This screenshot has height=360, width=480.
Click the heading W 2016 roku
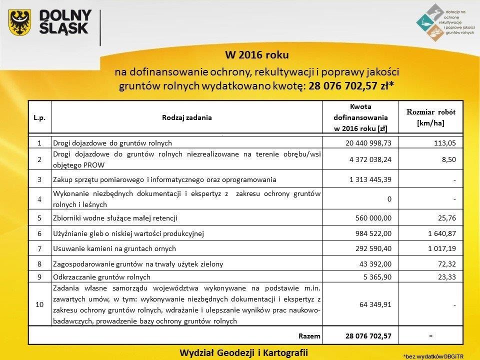257,53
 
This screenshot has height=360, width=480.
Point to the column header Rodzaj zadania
186,118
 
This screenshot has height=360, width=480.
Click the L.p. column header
39,118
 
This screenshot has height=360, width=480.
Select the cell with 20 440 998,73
367,143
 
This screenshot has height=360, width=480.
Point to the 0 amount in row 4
388,199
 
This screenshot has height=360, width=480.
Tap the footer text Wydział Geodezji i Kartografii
243,351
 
